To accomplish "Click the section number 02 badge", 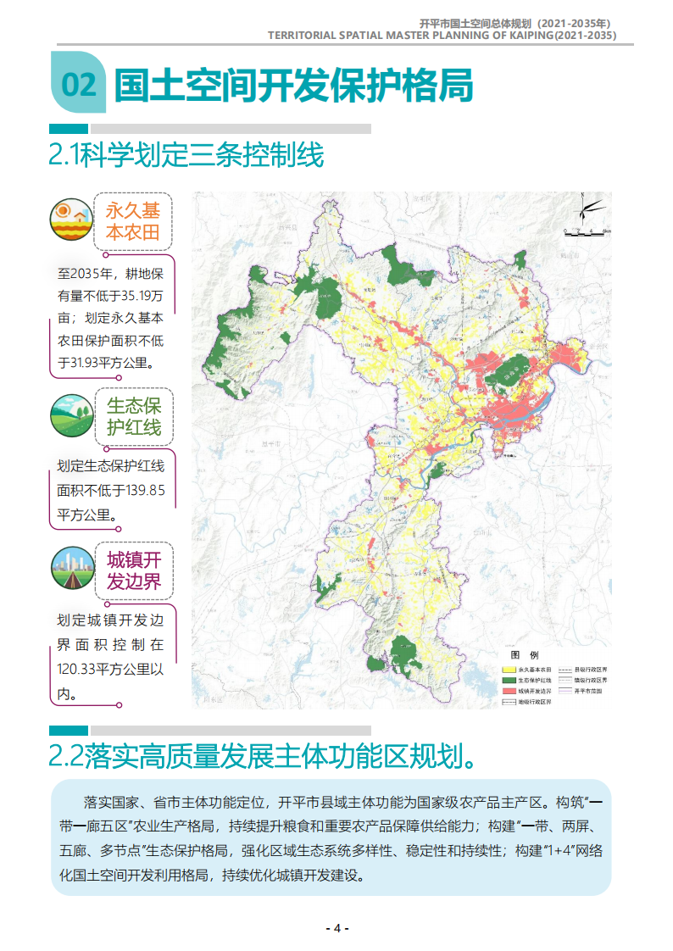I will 78,86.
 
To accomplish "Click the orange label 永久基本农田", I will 133,220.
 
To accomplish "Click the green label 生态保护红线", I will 133,416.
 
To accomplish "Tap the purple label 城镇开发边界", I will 133,570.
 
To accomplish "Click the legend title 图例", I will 524,655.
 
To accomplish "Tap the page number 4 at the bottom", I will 336,927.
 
